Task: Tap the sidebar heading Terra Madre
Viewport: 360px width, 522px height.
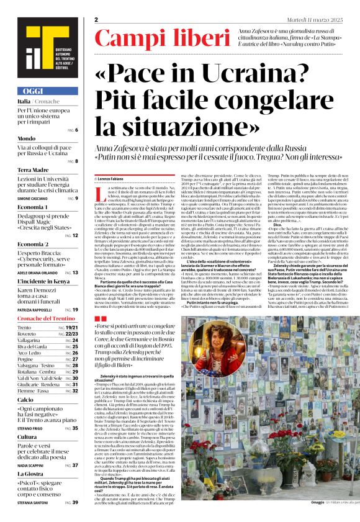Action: (33, 169)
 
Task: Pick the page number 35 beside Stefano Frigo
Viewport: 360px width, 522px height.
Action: (75, 428)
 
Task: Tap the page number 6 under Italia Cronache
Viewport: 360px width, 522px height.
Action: (76, 130)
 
